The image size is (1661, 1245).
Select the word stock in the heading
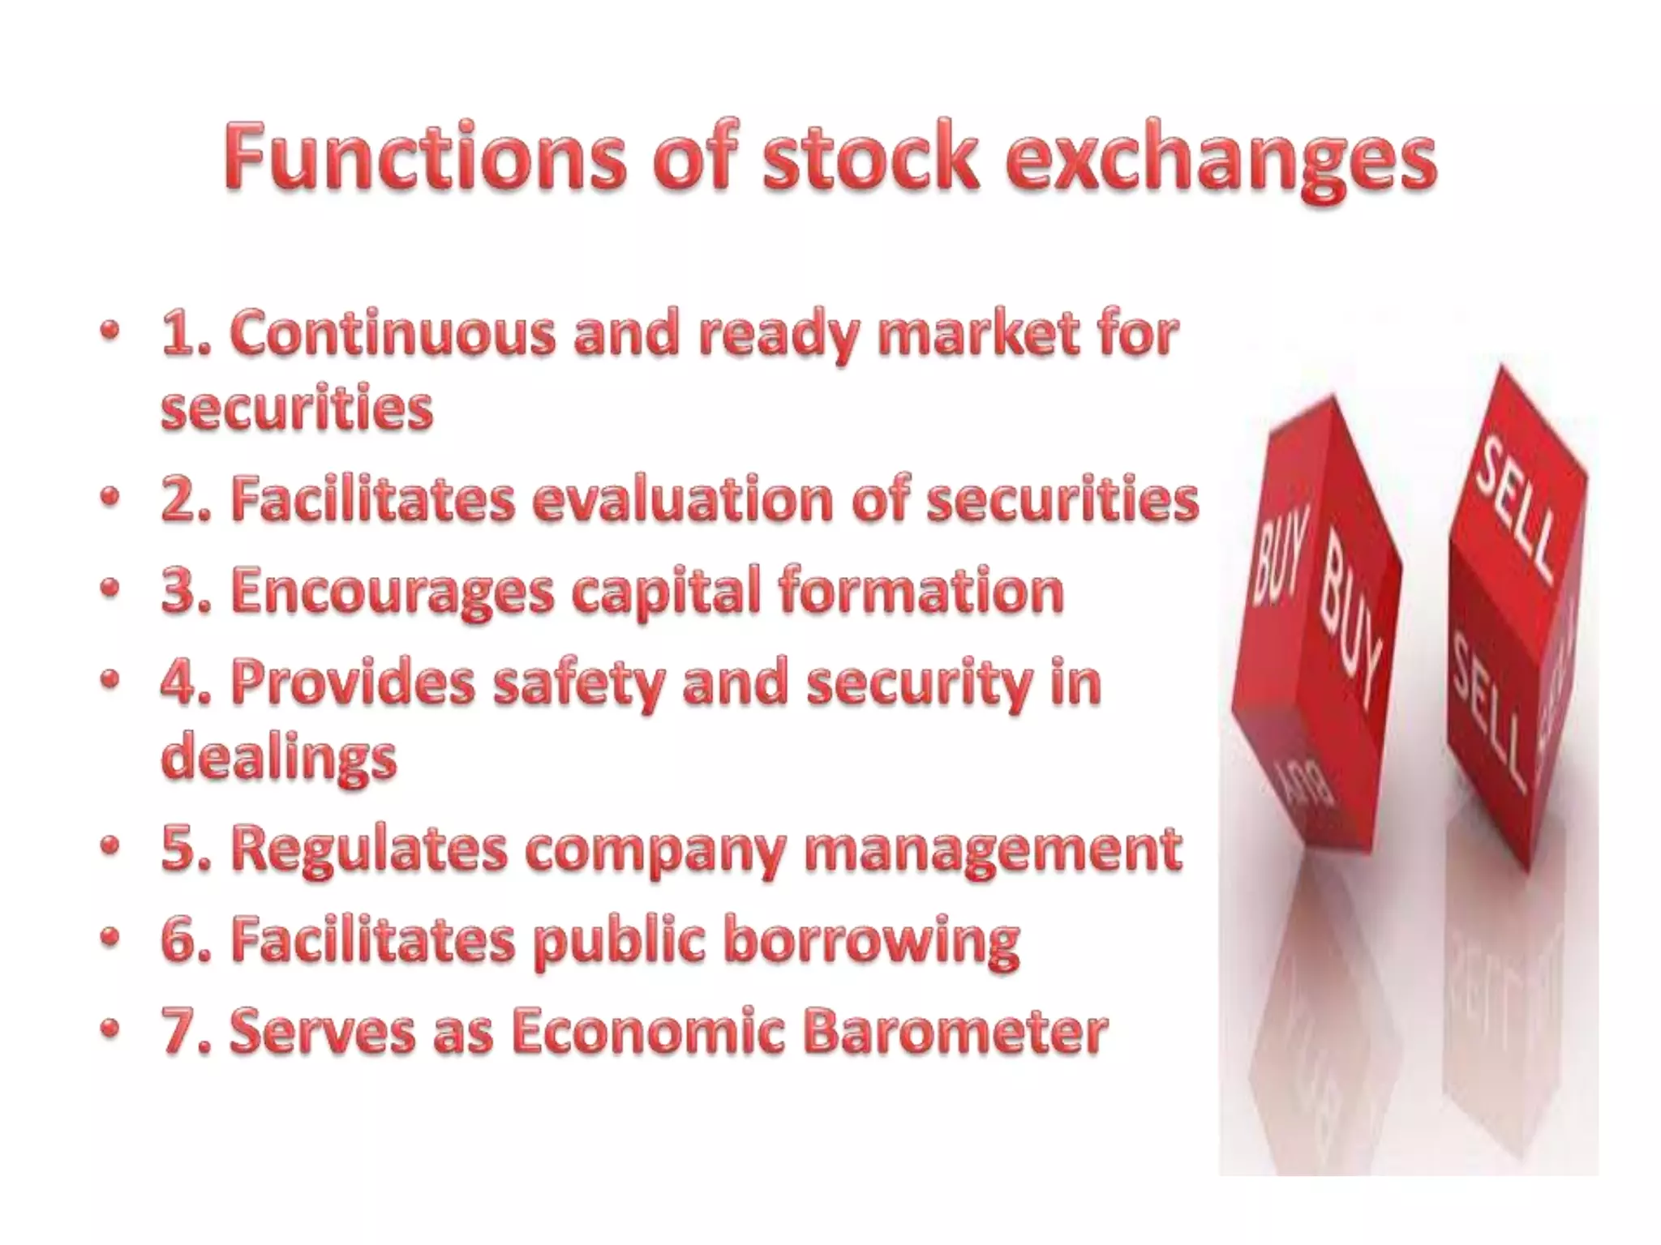click(871, 156)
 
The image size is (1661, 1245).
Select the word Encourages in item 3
click(392, 592)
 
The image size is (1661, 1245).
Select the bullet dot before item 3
click(110, 589)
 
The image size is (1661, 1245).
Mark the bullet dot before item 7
click(110, 1029)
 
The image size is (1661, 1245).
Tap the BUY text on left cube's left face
click(1280, 559)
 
